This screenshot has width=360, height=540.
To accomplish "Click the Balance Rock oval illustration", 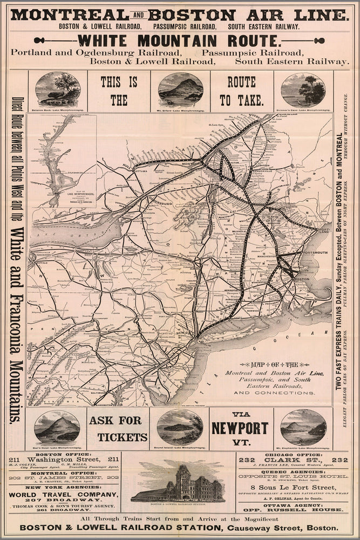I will [58, 90].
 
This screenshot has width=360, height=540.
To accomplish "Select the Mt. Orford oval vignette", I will [180, 90].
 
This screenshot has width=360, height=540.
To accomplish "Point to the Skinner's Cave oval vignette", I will [303, 90].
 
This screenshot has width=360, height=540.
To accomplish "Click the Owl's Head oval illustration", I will [57, 427].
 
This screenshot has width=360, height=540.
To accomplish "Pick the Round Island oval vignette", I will [180, 427].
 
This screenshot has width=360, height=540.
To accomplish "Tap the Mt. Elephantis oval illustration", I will [303, 427].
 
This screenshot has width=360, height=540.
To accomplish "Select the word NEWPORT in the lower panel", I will [240, 428].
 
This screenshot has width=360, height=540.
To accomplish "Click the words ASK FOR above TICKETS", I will [116, 420].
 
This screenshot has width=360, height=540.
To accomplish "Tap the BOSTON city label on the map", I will [302, 279].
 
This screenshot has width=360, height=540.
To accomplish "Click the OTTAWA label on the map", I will [141, 171].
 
